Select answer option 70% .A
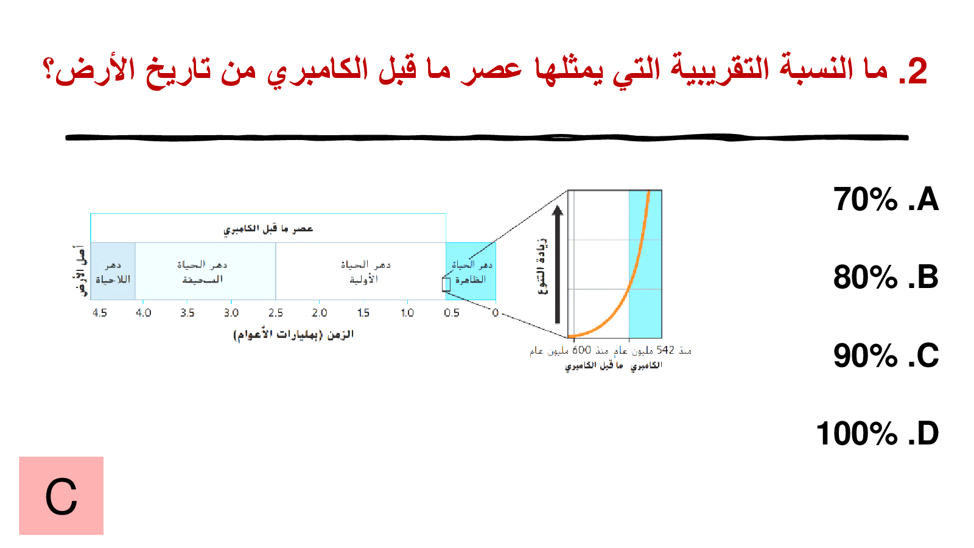pos(886,199)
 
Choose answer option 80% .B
pos(886,277)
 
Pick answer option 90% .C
pos(886,356)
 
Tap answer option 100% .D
pos(877,433)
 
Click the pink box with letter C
pos(61,496)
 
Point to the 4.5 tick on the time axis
pos(100,313)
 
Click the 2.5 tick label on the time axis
pos(276,313)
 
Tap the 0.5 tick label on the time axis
pos(451,313)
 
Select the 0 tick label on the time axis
pos(496,313)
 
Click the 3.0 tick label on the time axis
pos(231,313)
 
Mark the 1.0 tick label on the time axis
pos(407,313)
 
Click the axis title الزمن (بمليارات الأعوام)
pos(293,334)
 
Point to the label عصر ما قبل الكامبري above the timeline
pos(268,229)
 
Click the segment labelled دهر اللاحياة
pos(113,272)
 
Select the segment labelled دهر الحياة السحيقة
pos(205,272)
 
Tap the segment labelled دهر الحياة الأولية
pos(361,272)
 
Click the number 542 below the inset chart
pos(665,350)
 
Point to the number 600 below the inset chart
pos(582,350)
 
